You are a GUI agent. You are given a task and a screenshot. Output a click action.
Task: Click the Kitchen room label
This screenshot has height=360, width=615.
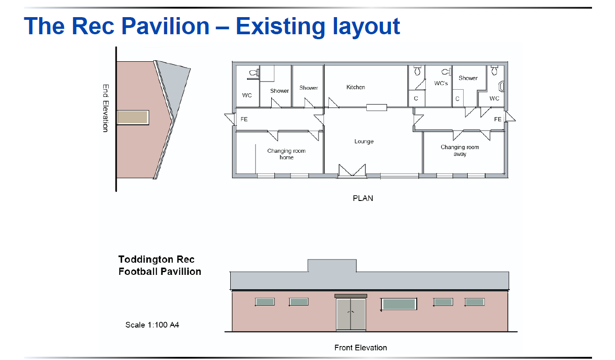click(x=355, y=87)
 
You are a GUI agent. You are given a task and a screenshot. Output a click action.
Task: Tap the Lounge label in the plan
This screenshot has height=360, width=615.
click(x=364, y=141)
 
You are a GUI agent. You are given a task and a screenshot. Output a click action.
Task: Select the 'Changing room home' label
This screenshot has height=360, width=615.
click(x=287, y=154)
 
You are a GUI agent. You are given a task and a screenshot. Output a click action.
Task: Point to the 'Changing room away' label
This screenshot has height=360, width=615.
click(x=460, y=150)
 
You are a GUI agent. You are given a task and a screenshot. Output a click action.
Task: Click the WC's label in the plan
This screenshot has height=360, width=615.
click(x=441, y=83)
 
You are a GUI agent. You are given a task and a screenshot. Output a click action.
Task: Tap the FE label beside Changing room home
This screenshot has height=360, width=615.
click(x=244, y=119)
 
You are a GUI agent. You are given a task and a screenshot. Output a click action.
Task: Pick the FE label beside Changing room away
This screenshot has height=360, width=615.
click(x=498, y=119)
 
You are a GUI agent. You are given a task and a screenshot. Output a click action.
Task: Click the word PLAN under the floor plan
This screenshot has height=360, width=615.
click(x=363, y=198)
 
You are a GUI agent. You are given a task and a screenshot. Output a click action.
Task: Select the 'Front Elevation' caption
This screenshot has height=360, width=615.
click(x=360, y=348)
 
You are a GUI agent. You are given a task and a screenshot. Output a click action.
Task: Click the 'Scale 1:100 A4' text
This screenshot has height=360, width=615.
click(x=152, y=325)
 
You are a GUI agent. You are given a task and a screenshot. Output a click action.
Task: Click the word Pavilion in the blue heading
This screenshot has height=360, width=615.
click(x=165, y=26)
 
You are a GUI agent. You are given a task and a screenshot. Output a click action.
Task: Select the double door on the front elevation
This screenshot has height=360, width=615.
click(x=351, y=314)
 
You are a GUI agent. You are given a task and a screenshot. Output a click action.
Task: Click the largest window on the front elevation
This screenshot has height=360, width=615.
click(x=399, y=304)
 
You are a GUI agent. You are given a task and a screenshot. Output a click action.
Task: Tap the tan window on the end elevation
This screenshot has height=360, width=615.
click(x=133, y=118)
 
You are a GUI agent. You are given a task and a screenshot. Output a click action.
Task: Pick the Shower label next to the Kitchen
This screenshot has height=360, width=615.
click(x=309, y=88)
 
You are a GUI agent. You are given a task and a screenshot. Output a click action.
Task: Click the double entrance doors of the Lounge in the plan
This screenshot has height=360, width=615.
click(x=352, y=170)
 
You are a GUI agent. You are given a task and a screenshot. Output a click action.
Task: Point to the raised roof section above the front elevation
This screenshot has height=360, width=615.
click(x=332, y=265)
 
